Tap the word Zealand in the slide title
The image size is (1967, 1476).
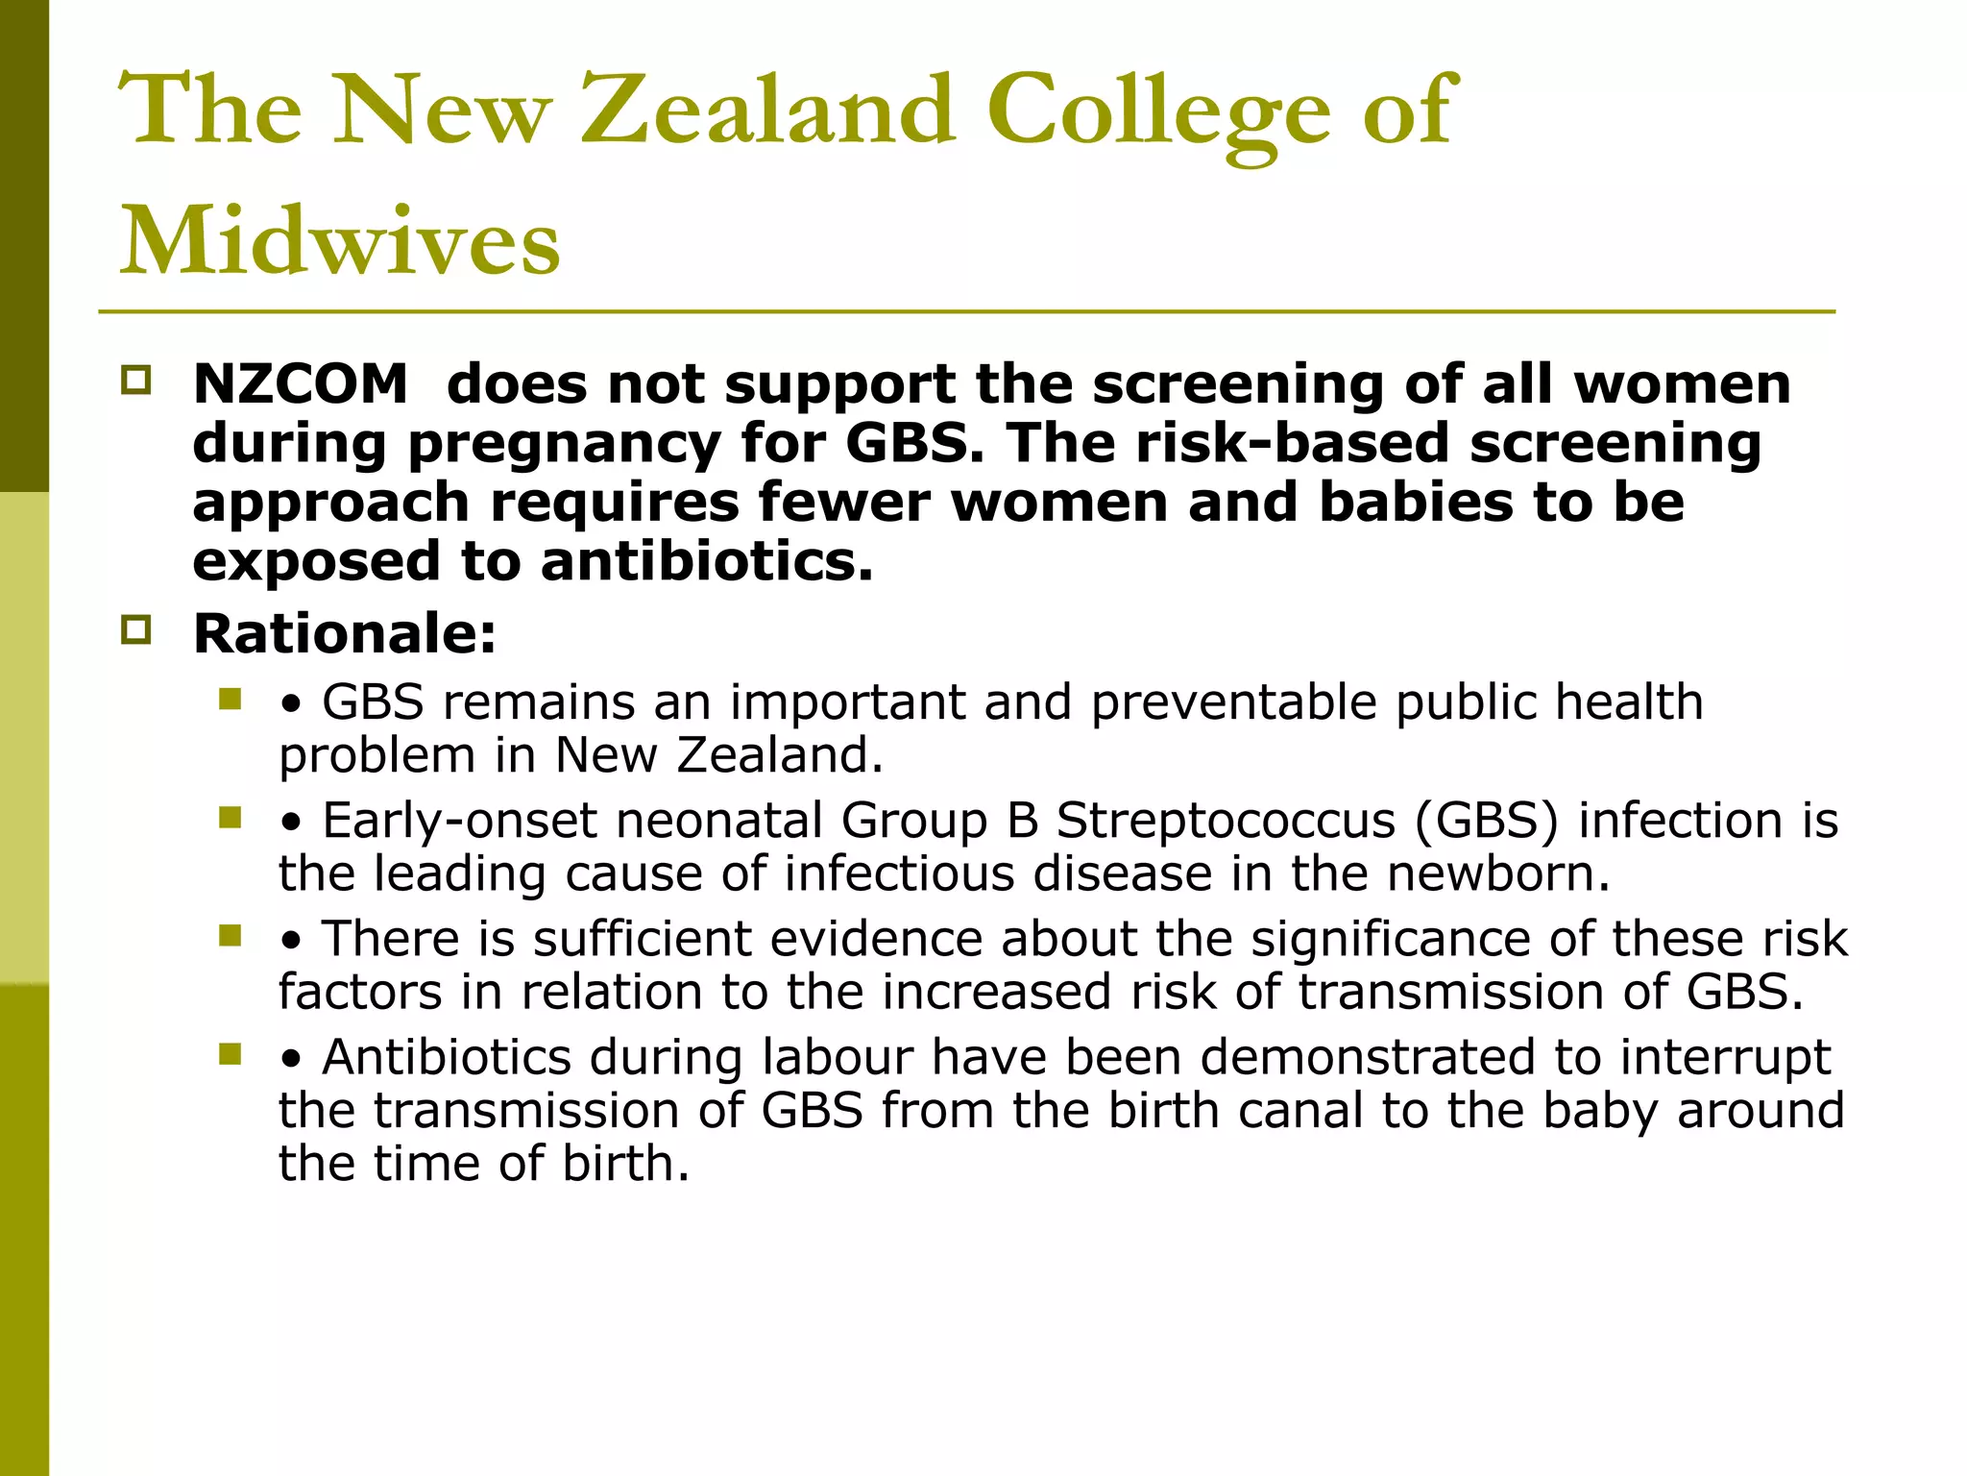(x=768, y=111)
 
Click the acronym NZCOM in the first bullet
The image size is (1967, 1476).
(x=301, y=384)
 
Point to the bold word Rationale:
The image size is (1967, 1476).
(x=345, y=634)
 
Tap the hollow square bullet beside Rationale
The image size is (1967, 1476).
(x=136, y=630)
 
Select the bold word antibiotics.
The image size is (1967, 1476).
(x=707, y=561)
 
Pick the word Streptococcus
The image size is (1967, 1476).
(x=1225, y=822)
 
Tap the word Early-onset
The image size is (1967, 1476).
(x=460, y=822)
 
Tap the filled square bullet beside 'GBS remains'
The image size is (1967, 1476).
(x=230, y=699)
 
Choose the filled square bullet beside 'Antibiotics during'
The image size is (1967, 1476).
(x=230, y=1054)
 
